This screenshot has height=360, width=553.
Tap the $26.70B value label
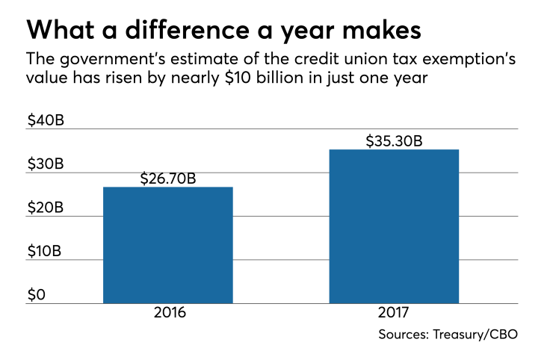click(x=168, y=179)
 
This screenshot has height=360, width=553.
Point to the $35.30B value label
click(x=395, y=140)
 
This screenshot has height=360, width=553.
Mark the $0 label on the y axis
click(x=37, y=294)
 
